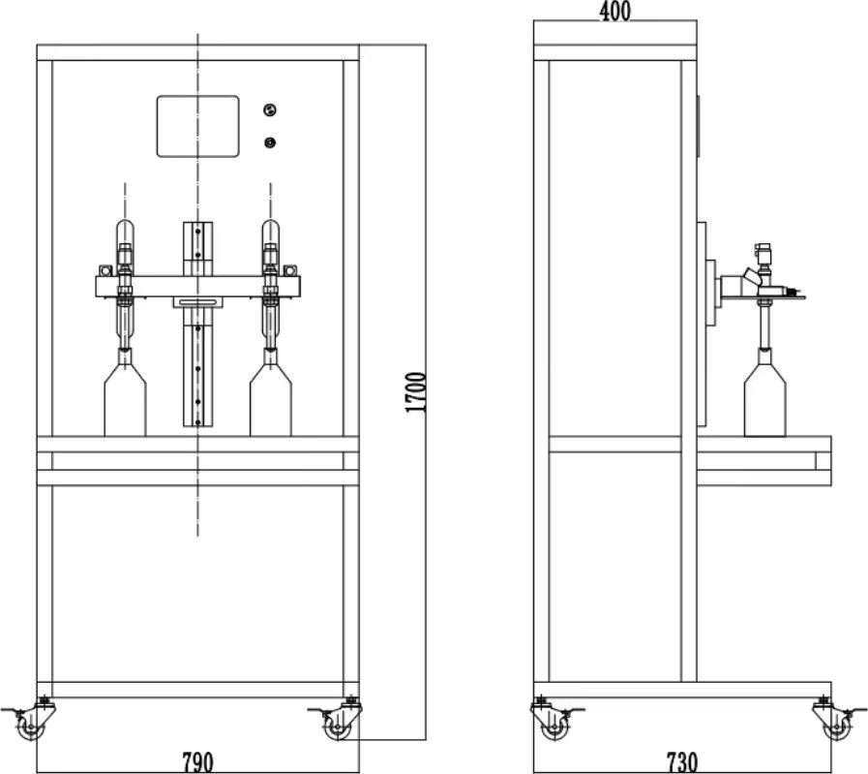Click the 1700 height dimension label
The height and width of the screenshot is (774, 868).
416,391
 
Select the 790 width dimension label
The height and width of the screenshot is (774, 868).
197,762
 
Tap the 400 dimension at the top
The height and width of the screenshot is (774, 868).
614,11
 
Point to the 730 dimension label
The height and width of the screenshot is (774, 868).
682,762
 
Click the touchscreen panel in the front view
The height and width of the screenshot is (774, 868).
198,126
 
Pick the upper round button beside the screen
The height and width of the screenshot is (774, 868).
270,109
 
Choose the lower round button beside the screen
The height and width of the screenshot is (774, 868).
270,143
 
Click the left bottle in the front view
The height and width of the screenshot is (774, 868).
125,392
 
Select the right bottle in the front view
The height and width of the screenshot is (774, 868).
271,392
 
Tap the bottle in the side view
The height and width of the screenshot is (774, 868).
764,392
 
